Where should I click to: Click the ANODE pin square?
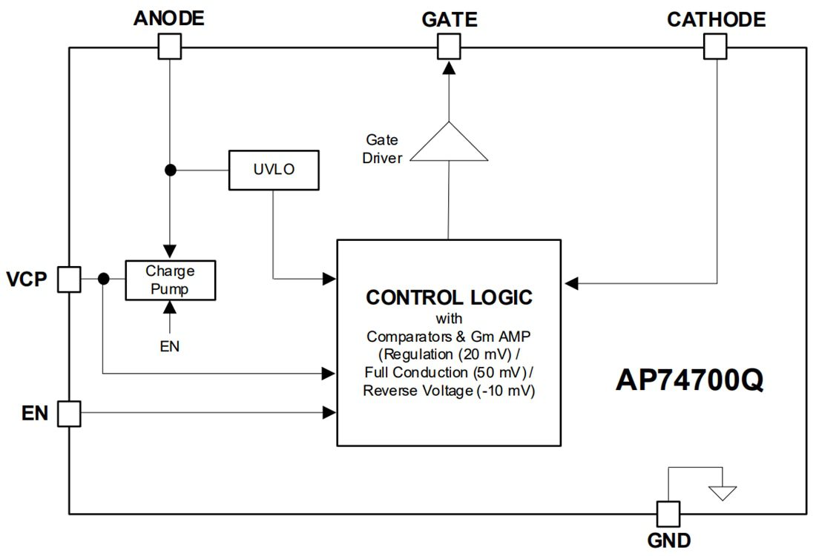[170, 48]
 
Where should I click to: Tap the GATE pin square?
[448, 48]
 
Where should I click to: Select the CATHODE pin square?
[715, 48]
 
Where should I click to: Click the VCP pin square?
[69, 279]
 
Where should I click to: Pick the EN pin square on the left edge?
[69, 413]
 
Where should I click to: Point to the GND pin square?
[668, 513]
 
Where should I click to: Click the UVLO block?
[274, 170]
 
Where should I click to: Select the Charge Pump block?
[170, 279]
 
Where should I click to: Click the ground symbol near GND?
[722, 492]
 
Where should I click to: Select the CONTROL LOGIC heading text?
[449, 297]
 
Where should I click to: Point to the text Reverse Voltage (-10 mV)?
[449, 391]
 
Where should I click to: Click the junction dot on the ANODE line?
[170, 170]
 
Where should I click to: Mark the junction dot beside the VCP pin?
[103, 279]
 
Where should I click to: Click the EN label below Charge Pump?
[170, 345]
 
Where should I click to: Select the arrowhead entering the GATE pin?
[448, 67]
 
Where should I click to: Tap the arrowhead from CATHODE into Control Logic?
[570, 282]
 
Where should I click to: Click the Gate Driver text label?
[382, 148]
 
